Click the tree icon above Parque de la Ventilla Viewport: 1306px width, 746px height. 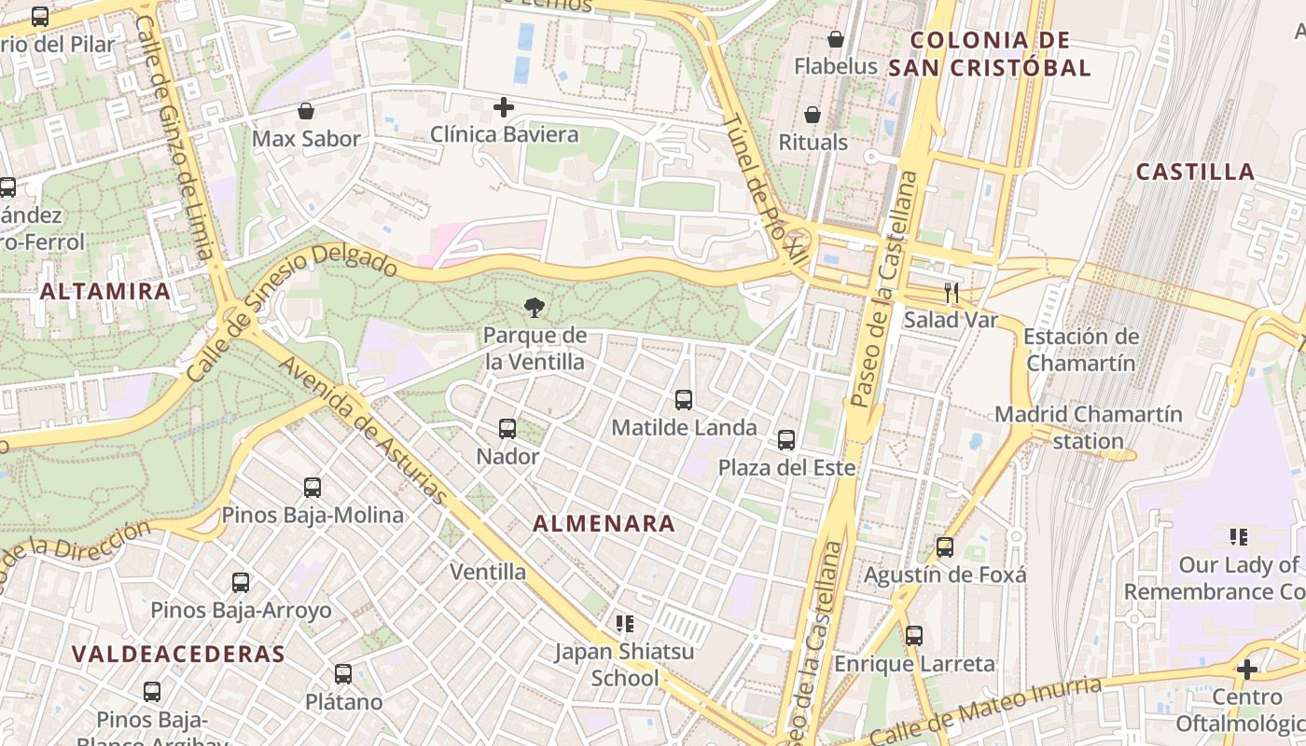[535, 307]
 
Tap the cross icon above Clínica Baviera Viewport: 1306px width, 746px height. [504, 107]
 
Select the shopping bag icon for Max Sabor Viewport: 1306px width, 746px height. [306, 112]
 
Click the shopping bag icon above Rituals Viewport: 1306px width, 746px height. [813, 115]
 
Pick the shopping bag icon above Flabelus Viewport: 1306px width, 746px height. [835, 39]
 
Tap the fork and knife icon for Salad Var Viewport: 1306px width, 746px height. [951, 293]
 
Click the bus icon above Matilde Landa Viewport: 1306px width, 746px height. [684, 400]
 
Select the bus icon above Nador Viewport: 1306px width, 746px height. [507, 429]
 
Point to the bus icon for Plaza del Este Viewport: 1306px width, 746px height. [786, 440]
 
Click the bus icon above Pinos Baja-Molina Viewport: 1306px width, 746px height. [313, 488]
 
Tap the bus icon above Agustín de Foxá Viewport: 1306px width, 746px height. [945, 547]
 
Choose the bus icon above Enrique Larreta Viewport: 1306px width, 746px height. [914, 636]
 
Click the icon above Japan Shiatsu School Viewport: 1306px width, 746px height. [624, 623]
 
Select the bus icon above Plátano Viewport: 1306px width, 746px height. [343, 674]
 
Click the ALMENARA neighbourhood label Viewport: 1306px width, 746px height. [604, 524]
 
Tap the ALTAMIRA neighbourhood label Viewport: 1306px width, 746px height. [105, 291]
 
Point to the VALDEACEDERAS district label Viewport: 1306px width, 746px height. [178, 654]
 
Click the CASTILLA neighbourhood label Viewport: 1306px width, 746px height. [1195, 172]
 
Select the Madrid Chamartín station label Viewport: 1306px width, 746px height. [1088, 427]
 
